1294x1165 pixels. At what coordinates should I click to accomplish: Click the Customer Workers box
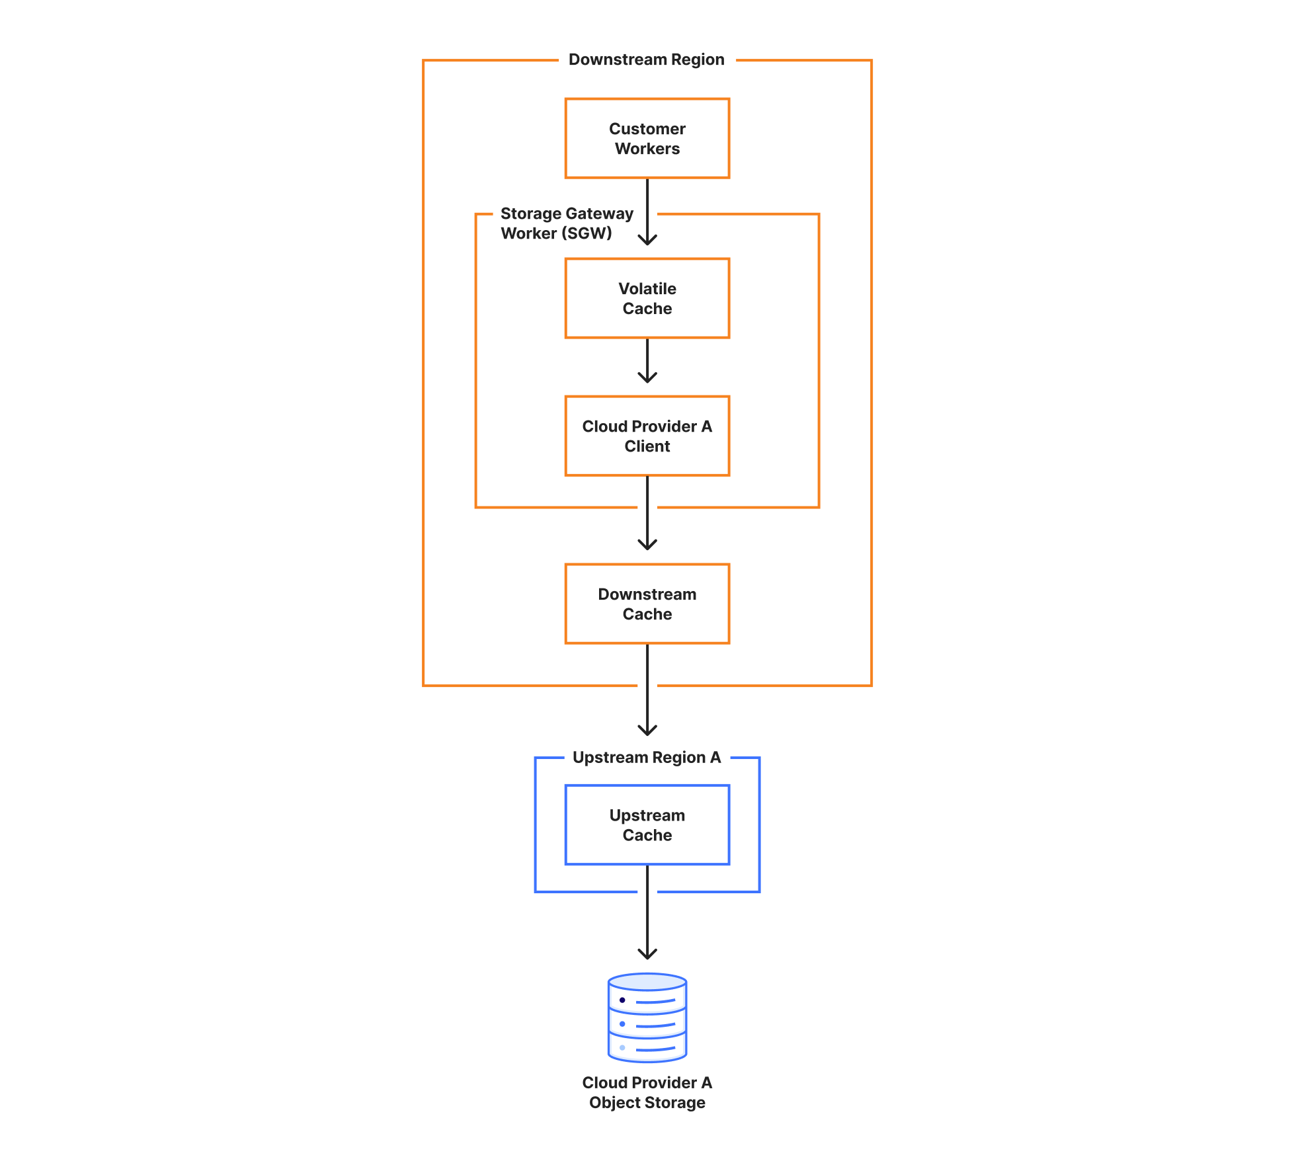click(647, 138)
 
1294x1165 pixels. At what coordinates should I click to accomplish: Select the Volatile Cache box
click(647, 298)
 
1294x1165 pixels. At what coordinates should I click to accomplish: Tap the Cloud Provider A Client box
click(647, 436)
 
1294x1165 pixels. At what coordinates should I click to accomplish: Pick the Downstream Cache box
click(647, 604)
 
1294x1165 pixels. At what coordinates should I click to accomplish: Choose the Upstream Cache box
click(647, 824)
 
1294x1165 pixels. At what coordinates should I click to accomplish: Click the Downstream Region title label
click(647, 60)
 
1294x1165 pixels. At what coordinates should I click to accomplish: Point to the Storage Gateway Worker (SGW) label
click(567, 223)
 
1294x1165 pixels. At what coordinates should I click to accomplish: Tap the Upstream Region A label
click(647, 757)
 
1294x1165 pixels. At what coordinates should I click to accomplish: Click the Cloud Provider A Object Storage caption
click(647, 1092)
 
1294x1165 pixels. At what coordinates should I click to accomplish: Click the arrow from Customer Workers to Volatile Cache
click(647, 212)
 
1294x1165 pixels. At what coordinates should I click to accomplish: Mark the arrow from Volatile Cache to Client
click(647, 361)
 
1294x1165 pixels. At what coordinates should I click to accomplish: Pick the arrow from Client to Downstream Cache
click(647, 513)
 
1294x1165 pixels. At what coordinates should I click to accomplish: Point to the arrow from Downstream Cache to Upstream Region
click(647, 690)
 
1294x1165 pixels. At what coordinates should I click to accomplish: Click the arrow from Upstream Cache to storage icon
click(647, 912)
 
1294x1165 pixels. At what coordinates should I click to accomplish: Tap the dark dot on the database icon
click(622, 1000)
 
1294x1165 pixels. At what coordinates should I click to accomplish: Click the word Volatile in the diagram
click(647, 289)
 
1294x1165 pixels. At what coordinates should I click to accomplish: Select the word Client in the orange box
click(647, 446)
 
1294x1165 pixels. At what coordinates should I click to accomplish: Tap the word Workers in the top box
click(647, 149)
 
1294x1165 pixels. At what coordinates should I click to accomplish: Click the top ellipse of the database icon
click(647, 982)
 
